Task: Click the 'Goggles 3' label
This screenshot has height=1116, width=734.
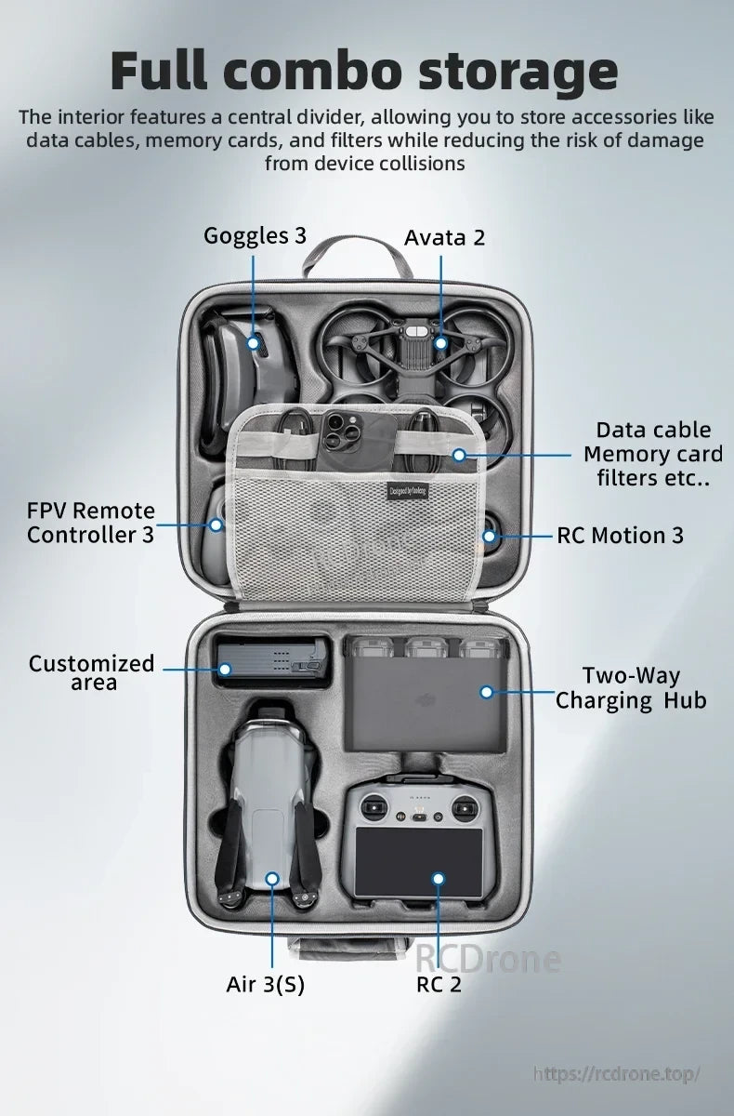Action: pyautogui.click(x=255, y=235)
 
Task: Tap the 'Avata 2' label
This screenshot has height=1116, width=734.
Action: pyautogui.click(x=444, y=237)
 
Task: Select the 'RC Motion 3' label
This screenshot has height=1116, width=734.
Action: pyautogui.click(x=620, y=535)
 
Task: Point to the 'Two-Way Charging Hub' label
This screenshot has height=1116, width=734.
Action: pyautogui.click(x=631, y=688)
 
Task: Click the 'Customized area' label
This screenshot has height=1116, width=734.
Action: pyautogui.click(x=91, y=672)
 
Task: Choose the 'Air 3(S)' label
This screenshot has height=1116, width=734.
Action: pyautogui.click(x=265, y=984)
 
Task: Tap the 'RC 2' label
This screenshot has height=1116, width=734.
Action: pyautogui.click(x=439, y=984)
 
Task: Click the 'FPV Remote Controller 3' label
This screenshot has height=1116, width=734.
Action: pyautogui.click(x=91, y=523)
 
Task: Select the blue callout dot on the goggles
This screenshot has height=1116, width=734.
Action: pyautogui.click(x=253, y=343)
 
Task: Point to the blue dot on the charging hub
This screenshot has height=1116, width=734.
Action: pyautogui.click(x=486, y=691)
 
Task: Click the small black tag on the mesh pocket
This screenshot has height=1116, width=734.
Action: pyautogui.click(x=408, y=491)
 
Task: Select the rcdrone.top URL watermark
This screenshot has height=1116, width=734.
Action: pyautogui.click(x=616, y=1073)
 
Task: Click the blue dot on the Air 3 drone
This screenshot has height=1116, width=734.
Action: pyautogui.click(x=272, y=878)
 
